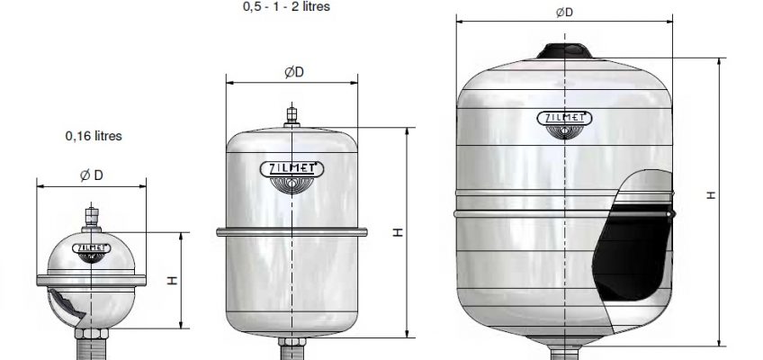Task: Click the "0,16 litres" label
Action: [94, 136]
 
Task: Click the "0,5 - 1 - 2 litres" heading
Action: [286, 6]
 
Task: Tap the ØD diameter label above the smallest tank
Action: [92, 175]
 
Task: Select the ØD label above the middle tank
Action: [294, 72]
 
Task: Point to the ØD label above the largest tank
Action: [564, 13]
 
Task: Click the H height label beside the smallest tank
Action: [172, 281]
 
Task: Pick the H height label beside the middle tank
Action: [399, 232]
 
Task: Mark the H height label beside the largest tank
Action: [712, 195]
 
